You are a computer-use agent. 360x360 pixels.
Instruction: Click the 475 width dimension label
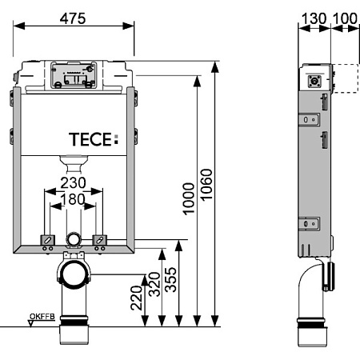[x=73, y=18]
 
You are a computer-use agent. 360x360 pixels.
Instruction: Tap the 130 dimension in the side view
[x=314, y=18]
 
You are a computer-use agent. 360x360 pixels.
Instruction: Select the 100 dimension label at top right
[x=345, y=18]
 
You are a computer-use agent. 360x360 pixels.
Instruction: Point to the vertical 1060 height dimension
[x=206, y=185]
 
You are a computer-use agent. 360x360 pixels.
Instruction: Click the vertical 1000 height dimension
[x=189, y=198]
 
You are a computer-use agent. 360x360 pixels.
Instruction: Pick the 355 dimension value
[x=170, y=279]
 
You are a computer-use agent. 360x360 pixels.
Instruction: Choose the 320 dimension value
[x=154, y=284]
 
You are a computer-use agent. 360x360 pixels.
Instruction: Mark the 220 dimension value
[x=137, y=298]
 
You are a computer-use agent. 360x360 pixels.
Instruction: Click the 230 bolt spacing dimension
[x=73, y=183]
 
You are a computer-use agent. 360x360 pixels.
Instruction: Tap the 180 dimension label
[x=73, y=199]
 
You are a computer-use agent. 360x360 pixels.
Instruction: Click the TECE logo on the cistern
[x=94, y=139]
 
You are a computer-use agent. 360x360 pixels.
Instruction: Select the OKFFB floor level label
[x=42, y=317]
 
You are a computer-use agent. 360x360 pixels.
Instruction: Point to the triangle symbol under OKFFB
[x=31, y=324]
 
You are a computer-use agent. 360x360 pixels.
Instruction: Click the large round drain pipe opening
[x=74, y=274]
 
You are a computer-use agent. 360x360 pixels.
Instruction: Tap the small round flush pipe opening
[x=73, y=239]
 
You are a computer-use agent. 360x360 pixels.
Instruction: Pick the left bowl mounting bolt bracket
[x=47, y=240]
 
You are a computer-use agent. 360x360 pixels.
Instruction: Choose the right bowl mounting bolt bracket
[x=99, y=240]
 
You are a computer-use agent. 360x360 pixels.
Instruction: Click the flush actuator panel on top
[x=74, y=75]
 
